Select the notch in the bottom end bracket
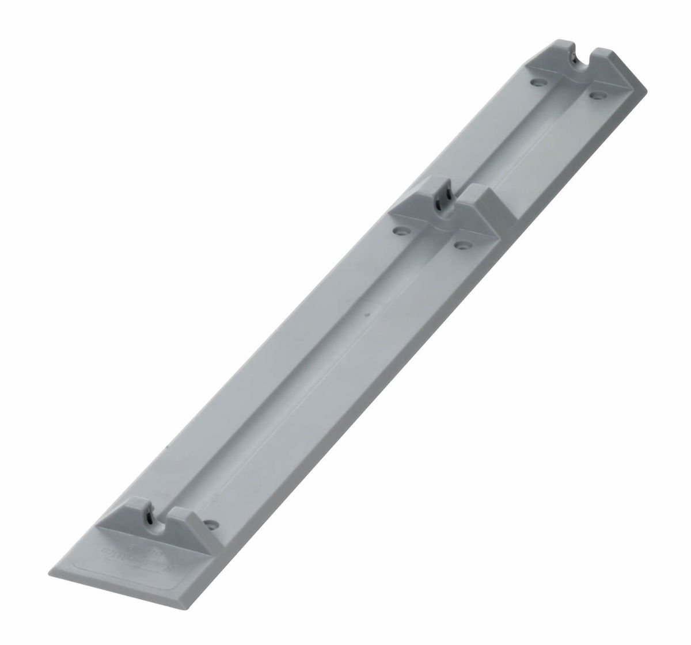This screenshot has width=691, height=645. tap(152, 503)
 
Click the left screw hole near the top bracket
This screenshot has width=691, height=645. tap(538, 83)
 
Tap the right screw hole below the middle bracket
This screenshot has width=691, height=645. tap(460, 245)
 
